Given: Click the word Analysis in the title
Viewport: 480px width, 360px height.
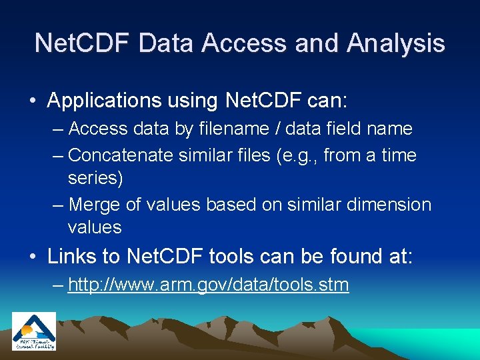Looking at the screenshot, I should (396, 43).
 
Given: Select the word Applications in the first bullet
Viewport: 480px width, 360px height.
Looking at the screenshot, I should (105, 101).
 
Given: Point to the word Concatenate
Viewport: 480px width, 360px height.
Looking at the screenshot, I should (122, 155).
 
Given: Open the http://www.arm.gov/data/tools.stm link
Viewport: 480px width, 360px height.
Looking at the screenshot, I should (208, 285).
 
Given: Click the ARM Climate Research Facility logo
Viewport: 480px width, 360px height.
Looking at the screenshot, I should (34, 331).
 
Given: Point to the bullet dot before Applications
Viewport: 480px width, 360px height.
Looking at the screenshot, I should (33, 101).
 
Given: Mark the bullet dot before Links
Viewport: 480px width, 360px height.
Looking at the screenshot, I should (33, 256).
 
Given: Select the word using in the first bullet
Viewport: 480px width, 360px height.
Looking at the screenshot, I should (193, 101).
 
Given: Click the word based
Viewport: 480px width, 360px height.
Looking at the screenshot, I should (232, 205).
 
